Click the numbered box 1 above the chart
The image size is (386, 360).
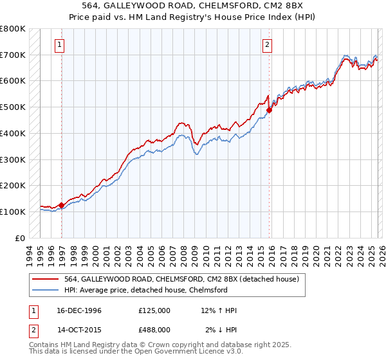pyautogui.click(x=59, y=44)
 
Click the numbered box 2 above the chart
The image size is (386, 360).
pyautogui.click(x=266, y=44)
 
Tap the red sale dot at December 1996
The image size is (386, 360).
pyautogui.click(x=62, y=206)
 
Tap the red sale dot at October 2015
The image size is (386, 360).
pyautogui.click(x=270, y=110)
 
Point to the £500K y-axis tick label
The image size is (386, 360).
pyautogui.click(x=12, y=107)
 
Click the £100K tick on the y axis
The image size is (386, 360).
pyautogui.click(x=12, y=212)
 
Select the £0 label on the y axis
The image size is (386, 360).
pyautogui.click(x=20, y=238)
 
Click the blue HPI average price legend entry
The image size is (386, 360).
pyautogui.click(x=145, y=290)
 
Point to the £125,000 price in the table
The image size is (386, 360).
pyautogui.click(x=154, y=310)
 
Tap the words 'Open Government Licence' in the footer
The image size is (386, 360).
pyautogui.click(x=190, y=352)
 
